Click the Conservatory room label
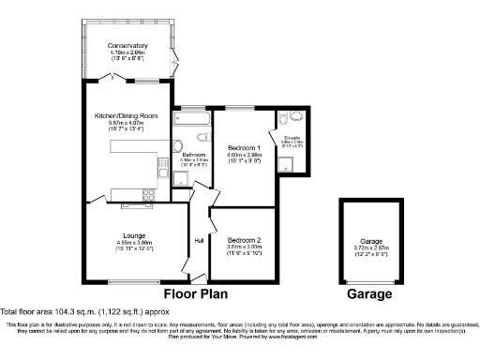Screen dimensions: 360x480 127,46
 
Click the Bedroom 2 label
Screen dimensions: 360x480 245,240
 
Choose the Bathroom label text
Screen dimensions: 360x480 194,154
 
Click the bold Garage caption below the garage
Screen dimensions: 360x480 371,293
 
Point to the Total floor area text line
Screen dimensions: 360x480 85,310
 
